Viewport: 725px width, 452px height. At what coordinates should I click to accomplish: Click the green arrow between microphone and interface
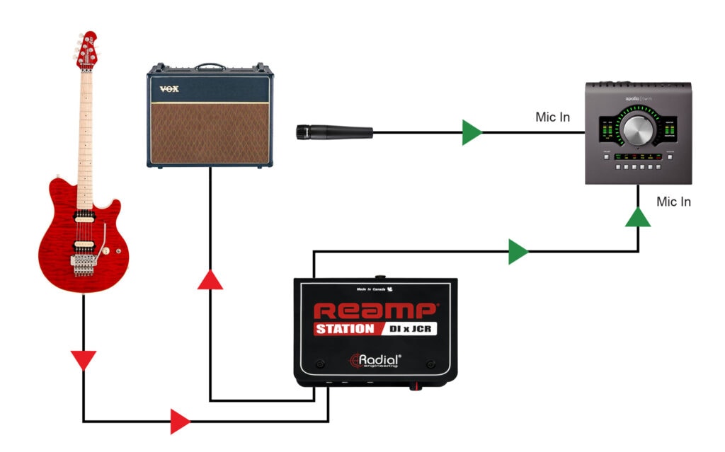point(472,132)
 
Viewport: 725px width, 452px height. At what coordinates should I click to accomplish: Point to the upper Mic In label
point(553,116)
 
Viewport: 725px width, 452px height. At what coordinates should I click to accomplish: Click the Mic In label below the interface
point(673,202)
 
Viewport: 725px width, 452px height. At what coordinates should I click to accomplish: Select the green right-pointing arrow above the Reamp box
point(518,252)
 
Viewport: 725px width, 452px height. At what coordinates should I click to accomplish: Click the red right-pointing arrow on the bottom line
point(180,422)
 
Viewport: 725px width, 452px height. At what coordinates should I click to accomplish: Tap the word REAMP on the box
point(375,311)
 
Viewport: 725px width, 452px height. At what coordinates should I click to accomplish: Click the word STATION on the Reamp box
point(345,329)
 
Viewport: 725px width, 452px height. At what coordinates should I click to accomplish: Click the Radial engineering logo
point(375,361)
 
